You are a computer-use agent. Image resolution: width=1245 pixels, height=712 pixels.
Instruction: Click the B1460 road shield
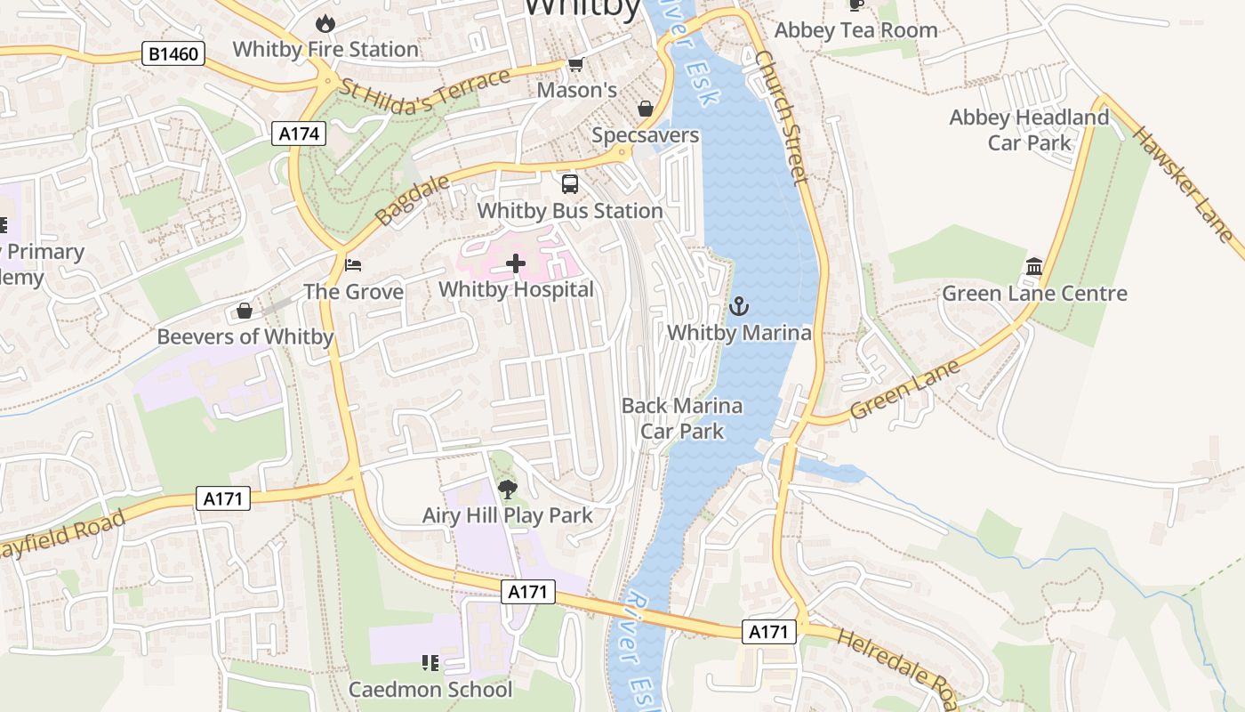coord(173,54)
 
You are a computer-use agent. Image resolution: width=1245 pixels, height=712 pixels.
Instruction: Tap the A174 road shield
coord(299,133)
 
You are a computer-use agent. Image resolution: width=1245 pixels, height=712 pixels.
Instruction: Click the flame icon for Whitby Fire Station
coord(325,23)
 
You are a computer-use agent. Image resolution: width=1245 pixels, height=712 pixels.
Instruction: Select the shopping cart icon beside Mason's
coord(576,64)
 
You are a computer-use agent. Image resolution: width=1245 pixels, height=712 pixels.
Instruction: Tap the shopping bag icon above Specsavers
coord(646,109)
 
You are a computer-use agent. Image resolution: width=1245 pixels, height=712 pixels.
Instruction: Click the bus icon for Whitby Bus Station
coord(570,184)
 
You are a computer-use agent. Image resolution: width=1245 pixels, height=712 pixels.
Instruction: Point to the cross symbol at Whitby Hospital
coord(516,263)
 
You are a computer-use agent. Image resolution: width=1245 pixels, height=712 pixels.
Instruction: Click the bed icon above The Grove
coord(353,265)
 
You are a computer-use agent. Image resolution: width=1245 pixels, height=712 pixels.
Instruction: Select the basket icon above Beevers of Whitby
coord(245,311)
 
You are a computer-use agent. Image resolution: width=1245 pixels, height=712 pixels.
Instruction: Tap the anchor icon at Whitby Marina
coord(739,307)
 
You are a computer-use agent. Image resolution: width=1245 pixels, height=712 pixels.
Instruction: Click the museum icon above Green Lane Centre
coord(1034,267)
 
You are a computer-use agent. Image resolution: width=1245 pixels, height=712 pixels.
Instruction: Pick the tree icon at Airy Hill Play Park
coord(507,489)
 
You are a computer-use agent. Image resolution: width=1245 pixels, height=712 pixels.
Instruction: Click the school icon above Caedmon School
coord(430,662)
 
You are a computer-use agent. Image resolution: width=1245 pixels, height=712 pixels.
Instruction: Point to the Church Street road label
coord(783,117)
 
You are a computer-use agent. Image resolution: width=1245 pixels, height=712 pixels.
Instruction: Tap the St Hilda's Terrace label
coord(426,93)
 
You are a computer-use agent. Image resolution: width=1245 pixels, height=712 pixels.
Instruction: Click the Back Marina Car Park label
coord(682,418)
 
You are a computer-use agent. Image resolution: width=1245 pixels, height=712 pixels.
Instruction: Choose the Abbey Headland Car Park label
coord(1029,130)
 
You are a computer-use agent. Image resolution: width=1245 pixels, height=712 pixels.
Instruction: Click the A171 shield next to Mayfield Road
coord(223,498)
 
